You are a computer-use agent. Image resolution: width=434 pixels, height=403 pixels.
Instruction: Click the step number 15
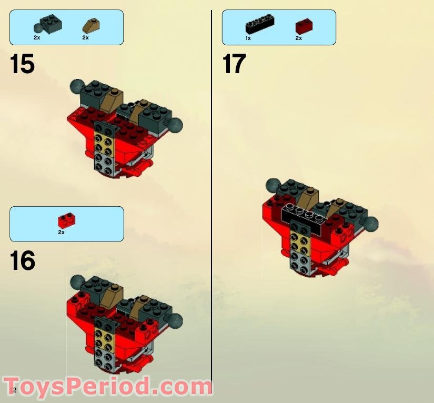[x=22, y=64]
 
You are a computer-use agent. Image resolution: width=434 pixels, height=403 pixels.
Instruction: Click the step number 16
[x=23, y=260]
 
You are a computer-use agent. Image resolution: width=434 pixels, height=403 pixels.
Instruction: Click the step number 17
[x=234, y=64]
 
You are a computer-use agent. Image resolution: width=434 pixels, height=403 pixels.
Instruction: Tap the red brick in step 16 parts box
[x=66, y=219]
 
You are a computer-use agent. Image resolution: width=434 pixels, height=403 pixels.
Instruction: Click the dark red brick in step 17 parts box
[x=304, y=26]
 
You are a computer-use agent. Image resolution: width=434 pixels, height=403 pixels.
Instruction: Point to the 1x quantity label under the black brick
[x=248, y=38]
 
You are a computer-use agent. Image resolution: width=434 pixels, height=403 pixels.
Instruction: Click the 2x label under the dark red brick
[x=298, y=38]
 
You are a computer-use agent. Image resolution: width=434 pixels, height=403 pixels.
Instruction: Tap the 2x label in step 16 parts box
[x=61, y=232]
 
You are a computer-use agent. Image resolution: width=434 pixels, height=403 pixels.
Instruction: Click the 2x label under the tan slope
[x=85, y=38]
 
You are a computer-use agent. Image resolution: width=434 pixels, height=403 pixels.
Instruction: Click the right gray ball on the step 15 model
[x=176, y=125]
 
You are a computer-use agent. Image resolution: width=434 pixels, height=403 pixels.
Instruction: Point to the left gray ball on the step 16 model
[x=77, y=281]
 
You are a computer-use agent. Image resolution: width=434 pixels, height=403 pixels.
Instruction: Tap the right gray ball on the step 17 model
[x=371, y=224]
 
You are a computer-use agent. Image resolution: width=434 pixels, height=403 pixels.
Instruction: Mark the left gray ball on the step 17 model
[x=272, y=185]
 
